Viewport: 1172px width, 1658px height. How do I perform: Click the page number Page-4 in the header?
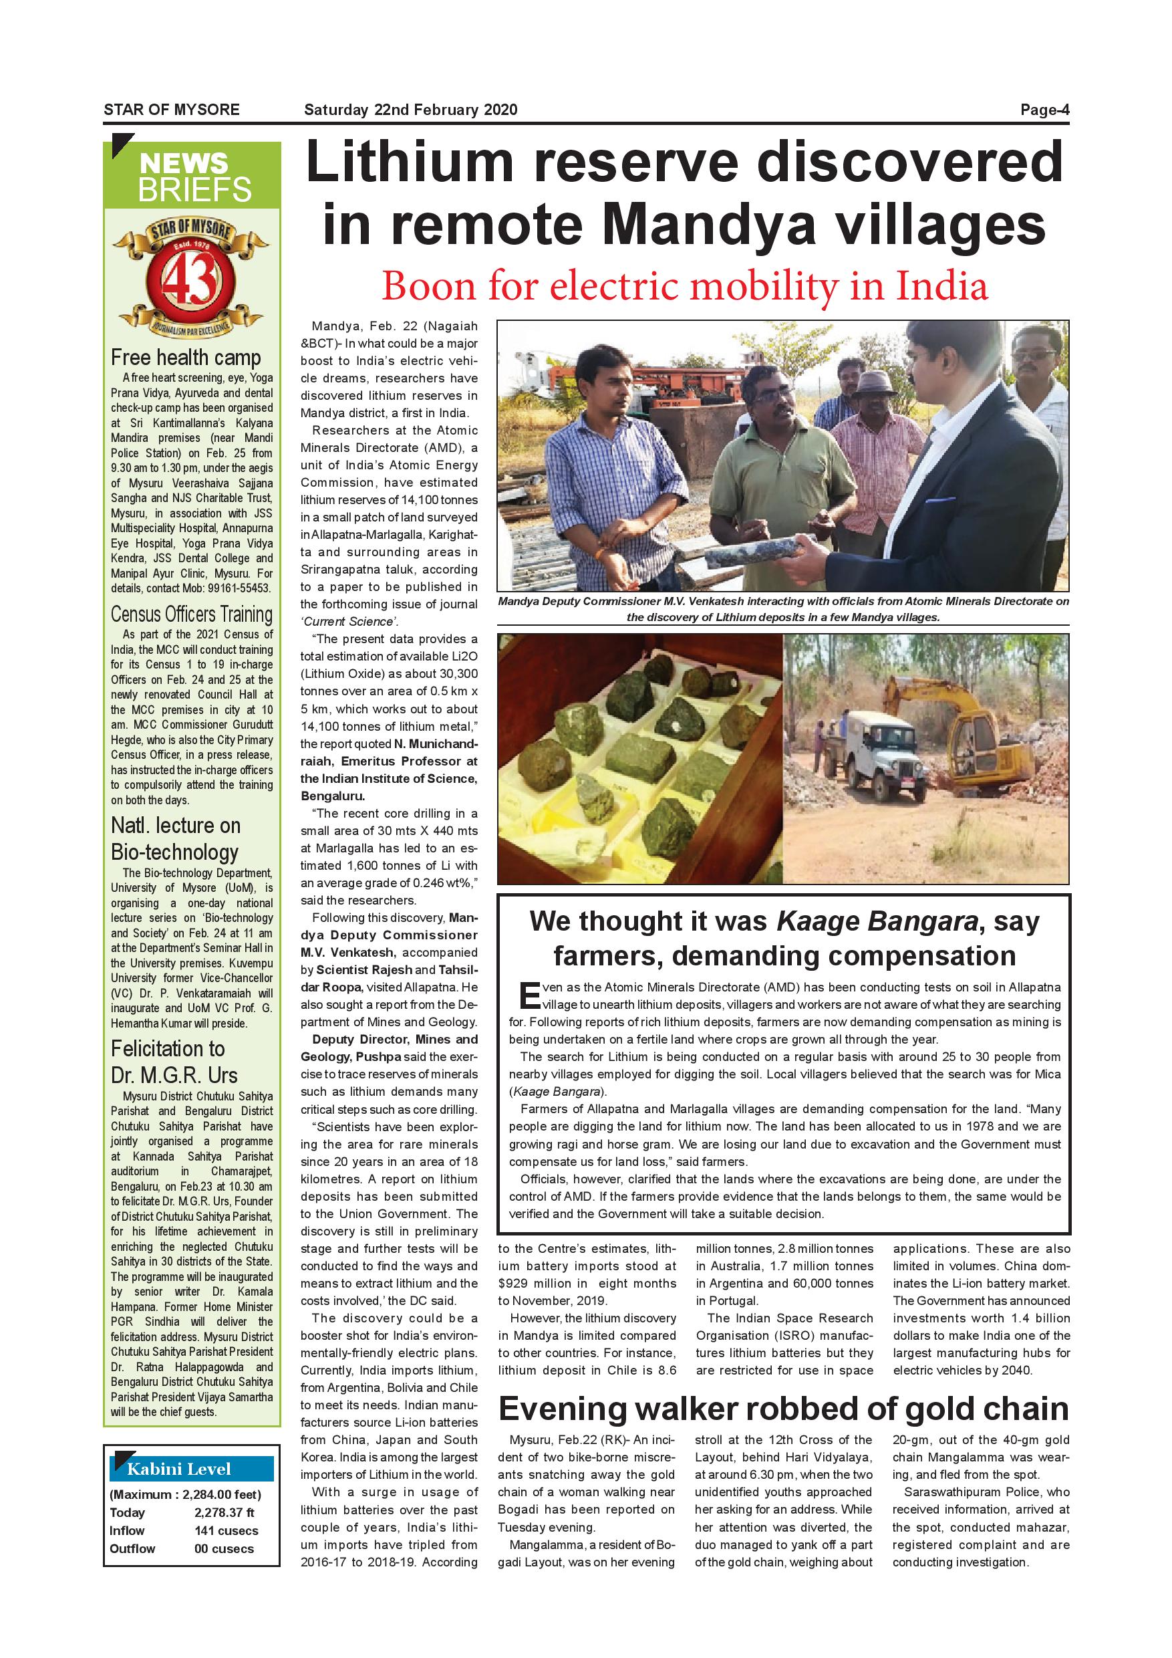(1044, 110)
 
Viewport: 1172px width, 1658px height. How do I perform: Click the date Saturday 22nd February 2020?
(411, 110)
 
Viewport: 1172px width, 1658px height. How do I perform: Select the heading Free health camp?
(186, 358)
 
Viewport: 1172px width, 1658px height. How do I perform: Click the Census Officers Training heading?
(191, 614)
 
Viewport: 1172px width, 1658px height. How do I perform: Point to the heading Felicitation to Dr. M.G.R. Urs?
(174, 1062)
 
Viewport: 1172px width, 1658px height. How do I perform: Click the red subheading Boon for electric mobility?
(684, 286)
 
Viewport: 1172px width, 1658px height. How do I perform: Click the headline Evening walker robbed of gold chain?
(782, 1408)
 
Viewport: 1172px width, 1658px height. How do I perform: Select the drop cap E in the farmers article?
(529, 997)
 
